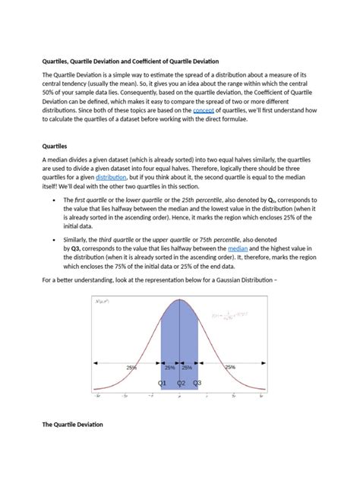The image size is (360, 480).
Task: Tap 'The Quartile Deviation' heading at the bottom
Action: point(72,424)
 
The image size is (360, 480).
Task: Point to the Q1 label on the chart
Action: point(163,384)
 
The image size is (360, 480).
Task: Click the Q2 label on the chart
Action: point(182,384)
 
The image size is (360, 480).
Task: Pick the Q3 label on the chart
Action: point(197,384)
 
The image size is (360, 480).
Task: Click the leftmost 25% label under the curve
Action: point(132,367)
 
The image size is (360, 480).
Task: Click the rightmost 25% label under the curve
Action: point(230,367)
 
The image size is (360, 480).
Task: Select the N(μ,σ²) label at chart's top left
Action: point(103,302)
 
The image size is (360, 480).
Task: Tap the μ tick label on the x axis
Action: point(179,396)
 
